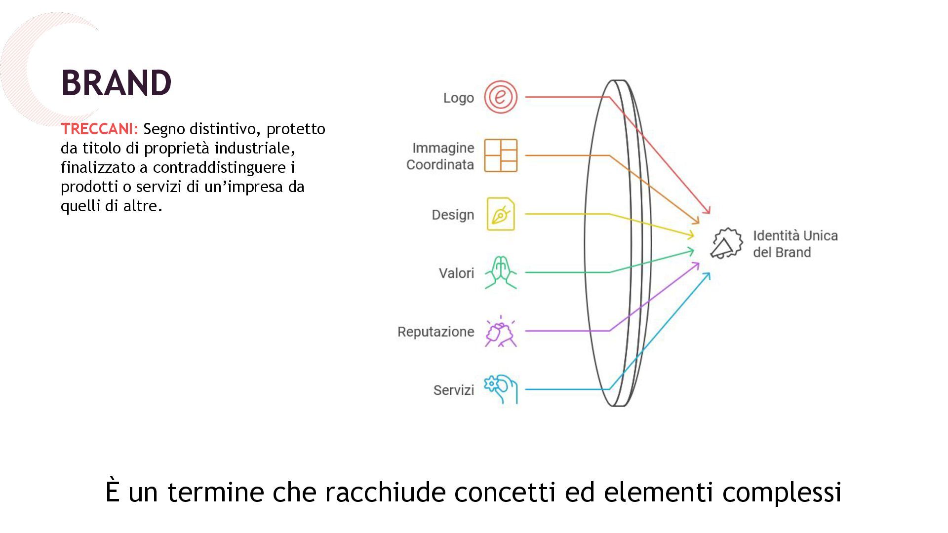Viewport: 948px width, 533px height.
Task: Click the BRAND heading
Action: click(117, 82)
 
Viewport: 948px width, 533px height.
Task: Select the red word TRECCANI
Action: click(99, 129)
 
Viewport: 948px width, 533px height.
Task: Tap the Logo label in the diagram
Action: click(458, 98)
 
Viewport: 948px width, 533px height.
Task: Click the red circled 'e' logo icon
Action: click(500, 97)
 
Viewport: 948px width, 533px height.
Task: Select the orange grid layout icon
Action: click(500, 155)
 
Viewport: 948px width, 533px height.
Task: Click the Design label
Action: click(453, 215)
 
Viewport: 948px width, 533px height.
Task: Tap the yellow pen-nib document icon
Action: click(500, 214)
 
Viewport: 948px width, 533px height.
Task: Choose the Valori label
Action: click(456, 273)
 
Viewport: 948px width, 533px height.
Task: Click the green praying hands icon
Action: click(500, 272)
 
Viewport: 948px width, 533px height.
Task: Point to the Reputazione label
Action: click(435, 332)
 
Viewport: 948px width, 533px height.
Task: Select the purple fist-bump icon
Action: click(500, 332)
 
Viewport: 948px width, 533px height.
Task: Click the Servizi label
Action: click(453, 390)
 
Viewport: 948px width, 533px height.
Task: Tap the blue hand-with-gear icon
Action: click(500, 389)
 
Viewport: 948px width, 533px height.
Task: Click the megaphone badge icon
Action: click(726, 243)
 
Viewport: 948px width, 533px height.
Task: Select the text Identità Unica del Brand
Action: click(795, 244)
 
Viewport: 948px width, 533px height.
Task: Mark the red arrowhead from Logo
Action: click(707, 210)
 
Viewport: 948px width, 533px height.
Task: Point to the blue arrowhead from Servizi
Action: click(708, 275)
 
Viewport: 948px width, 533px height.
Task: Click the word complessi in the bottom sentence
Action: click(782, 492)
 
